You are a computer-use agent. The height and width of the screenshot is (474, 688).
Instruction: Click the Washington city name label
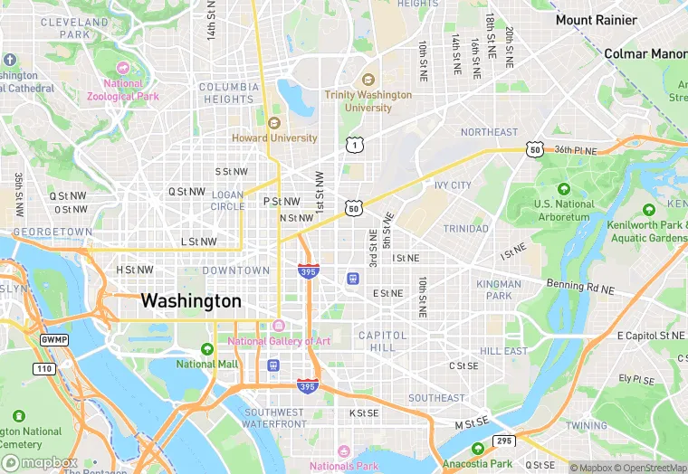[x=191, y=301]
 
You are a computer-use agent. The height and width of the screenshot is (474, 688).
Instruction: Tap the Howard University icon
[x=274, y=123]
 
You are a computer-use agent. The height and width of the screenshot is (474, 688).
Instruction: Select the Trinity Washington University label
[x=368, y=100]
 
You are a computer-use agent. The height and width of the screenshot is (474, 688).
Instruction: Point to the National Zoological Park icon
[x=122, y=69]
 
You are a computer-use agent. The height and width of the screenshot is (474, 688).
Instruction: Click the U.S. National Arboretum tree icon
[x=563, y=189]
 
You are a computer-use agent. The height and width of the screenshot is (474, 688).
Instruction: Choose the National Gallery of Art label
[x=279, y=341]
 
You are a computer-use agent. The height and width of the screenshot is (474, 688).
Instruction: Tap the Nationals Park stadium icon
[x=343, y=451]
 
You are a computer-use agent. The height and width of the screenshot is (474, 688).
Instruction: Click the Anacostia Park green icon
[x=477, y=449]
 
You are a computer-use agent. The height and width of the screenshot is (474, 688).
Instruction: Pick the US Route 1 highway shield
[x=353, y=144]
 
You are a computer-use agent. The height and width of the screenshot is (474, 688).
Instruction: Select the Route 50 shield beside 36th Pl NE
[x=536, y=149]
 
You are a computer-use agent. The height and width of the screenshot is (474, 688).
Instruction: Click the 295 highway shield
[x=504, y=441]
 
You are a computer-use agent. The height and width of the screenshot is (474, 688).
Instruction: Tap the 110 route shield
[x=44, y=368]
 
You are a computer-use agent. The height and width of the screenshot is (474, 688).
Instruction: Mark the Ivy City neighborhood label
[x=453, y=185]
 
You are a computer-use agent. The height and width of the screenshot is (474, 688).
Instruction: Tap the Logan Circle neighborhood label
[x=228, y=200]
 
